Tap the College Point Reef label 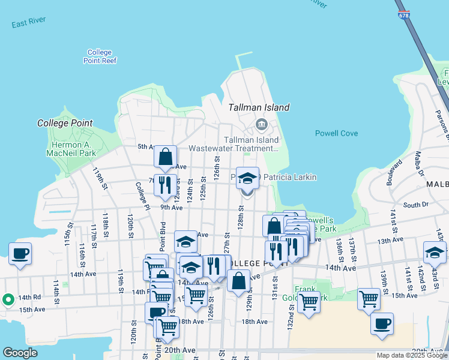point(100,56)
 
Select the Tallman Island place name point(259,108)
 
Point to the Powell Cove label point(336,133)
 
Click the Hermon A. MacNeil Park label point(71,149)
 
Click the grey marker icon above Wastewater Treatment point(262,125)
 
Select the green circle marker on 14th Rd point(8,298)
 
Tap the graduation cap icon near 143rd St point(435,252)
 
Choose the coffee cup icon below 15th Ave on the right point(382,324)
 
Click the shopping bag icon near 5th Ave point(165,157)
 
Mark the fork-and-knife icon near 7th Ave point(165,185)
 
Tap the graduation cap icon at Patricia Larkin point(247,178)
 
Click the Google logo point(20,353)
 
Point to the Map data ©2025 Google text point(412,356)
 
